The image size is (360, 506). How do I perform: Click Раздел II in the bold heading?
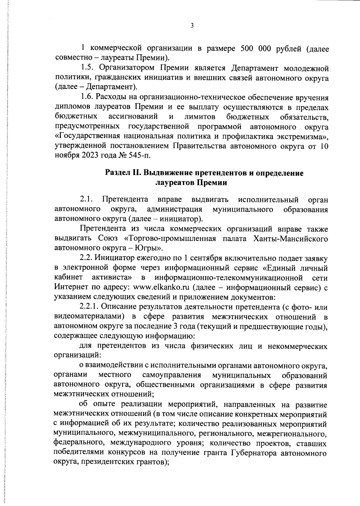click(x=123, y=173)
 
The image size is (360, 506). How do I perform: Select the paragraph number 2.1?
click(x=87, y=200)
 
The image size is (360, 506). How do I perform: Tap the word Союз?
click(x=109, y=239)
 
